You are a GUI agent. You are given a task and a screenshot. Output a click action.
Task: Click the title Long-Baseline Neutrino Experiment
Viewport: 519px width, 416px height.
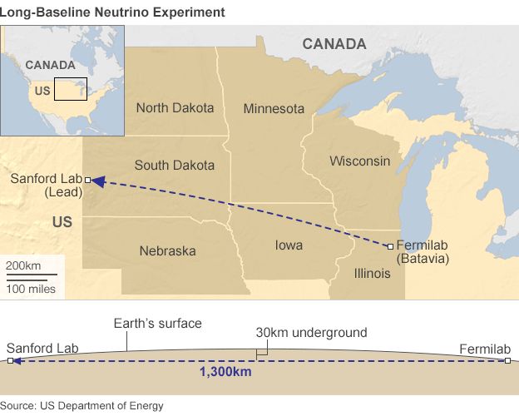click(x=112, y=12)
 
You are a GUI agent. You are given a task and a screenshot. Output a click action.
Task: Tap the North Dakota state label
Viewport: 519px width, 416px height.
click(x=175, y=108)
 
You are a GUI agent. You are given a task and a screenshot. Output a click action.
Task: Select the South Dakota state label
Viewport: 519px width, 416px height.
click(x=175, y=166)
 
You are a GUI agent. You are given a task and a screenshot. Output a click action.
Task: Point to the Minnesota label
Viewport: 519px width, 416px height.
click(x=274, y=109)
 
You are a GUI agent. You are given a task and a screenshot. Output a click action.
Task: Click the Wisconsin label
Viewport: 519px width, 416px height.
click(x=359, y=161)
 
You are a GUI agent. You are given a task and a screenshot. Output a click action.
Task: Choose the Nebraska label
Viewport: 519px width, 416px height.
click(x=167, y=250)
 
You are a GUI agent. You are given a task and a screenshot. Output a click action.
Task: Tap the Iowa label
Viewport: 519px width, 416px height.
click(x=289, y=245)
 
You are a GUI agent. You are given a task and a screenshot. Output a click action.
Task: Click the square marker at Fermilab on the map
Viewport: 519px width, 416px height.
click(x=389, y=246)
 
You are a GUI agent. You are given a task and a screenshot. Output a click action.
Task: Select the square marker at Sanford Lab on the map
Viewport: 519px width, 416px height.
click(x=87, y=179)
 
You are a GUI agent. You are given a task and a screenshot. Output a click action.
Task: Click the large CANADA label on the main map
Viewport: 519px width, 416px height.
click(x=334, y=44)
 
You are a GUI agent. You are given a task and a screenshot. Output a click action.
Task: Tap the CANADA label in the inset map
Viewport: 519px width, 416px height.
click(x=50, y=65)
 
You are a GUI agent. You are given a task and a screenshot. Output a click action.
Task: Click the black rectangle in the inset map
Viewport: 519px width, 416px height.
click(x=71, y=89)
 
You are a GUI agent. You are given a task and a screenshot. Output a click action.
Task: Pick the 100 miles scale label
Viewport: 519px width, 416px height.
click(x=31, y=289)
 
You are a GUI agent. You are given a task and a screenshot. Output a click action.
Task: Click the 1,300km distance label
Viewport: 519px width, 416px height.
click(x=225, y=372)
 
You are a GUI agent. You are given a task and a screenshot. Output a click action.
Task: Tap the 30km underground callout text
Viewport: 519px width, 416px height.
click(x=311, y=333)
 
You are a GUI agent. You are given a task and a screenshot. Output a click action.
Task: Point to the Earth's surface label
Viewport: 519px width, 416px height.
click(x=157, y=323)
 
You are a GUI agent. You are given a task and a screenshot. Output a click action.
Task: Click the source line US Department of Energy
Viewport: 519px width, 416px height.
click(x=82, y=406)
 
